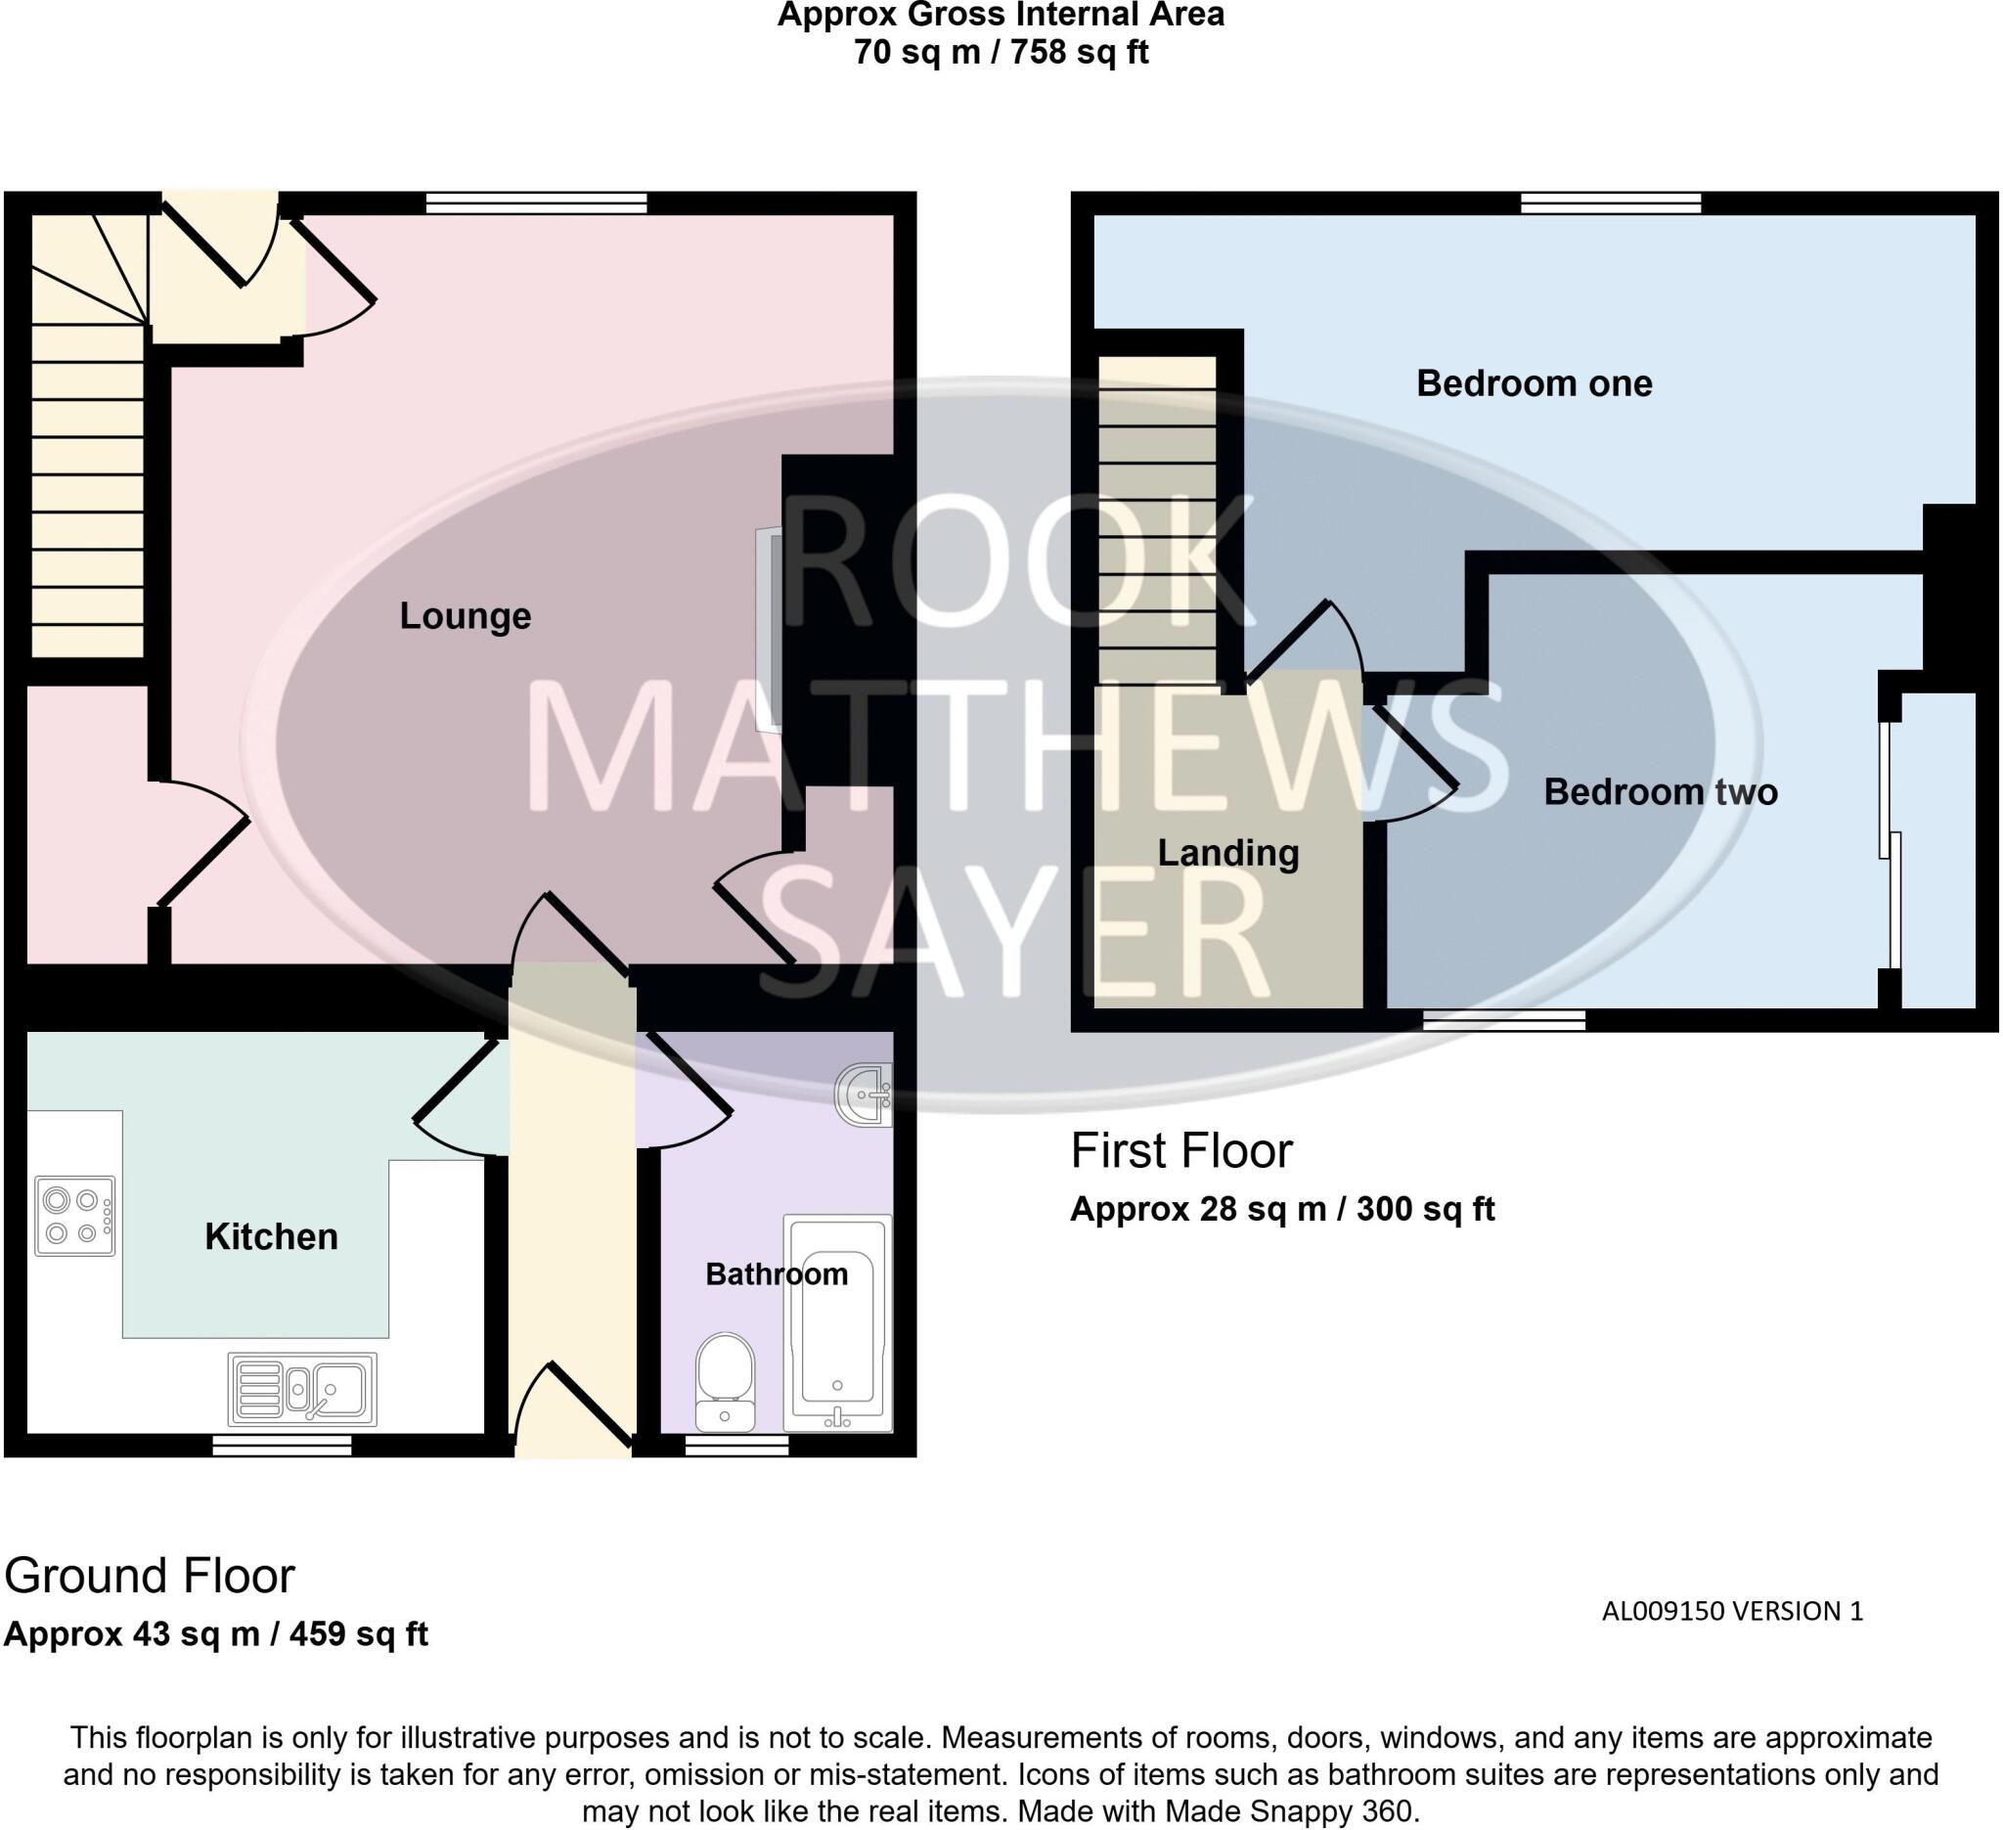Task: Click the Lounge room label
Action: [x=465, y=617]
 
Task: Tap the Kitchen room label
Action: [x=271, y=1237]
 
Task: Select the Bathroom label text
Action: [x=776, y=1274]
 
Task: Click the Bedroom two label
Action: [x=1660, y=792]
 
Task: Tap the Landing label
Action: [x=1227, y=854]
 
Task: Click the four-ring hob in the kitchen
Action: [x=74, y=1216]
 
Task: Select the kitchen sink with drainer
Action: [x=302, y=1389]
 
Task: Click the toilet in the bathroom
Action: [x=725, y=1381]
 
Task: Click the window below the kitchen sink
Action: [x=284, y=1447]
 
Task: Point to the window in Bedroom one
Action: [x=1610, y=203]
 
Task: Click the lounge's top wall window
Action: [x=537, y=203]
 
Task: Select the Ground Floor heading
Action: [x=149, y=1576]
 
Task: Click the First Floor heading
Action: [x=1180, y=1150]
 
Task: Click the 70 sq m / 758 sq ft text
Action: [x=1001, y=52]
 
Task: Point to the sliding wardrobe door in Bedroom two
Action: [x=1890, y=844]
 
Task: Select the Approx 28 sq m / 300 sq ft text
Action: [x=1281, y=1209]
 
